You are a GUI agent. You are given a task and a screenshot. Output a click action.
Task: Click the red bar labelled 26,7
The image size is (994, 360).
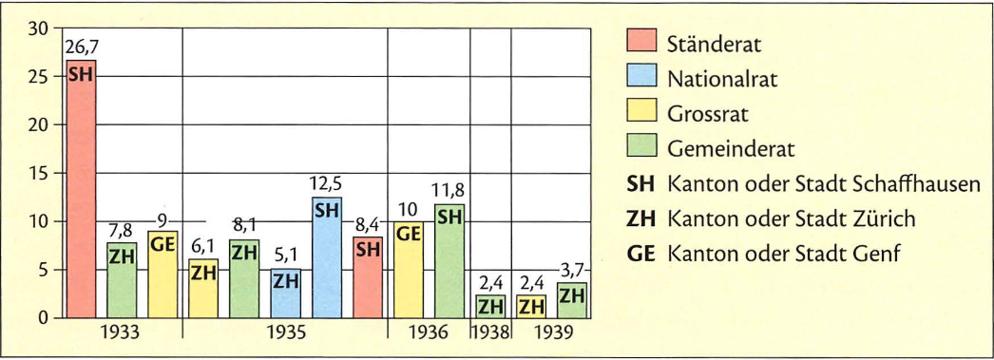coord(81,190)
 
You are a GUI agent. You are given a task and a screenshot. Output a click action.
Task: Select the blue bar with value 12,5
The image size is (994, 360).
coord(327,257)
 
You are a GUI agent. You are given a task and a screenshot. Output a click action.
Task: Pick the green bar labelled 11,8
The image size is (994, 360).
coord(450,261)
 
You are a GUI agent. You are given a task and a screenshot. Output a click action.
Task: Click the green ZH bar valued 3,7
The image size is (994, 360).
coord(572,300)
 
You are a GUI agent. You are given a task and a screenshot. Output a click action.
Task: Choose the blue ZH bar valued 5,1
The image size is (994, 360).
coord(286,294)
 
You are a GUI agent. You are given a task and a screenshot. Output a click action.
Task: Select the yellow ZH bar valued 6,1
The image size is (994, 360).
coord(203,289)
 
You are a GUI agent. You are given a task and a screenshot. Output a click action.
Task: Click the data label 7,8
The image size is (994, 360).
coord(122,231)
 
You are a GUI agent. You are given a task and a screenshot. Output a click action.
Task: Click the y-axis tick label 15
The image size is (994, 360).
coord(38,174)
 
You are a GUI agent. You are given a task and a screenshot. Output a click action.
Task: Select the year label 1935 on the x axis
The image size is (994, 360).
coord(285,333)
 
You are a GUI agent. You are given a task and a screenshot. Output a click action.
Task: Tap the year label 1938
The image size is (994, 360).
coord(490,333)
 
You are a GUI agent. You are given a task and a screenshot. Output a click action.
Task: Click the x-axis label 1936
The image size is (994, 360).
coord(429,333)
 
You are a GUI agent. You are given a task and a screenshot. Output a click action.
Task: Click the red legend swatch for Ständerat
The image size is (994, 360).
coord(642,44)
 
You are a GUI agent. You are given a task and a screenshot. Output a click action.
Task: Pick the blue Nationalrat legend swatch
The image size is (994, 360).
coord(642,80)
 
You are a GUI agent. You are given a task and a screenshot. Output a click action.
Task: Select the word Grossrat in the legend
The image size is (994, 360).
coord(708,115)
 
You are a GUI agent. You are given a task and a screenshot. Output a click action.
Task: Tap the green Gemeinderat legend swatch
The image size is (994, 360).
coord(642,149)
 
